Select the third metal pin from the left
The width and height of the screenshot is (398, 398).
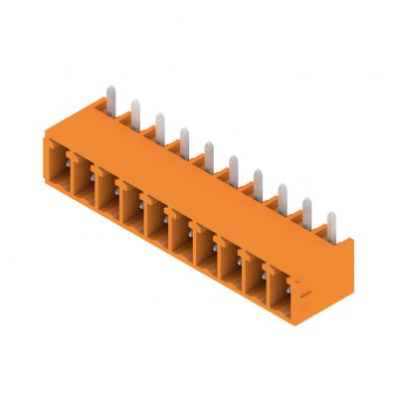click(x=159, y=123)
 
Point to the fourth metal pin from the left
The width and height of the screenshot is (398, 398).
click(x=184, y=138)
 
